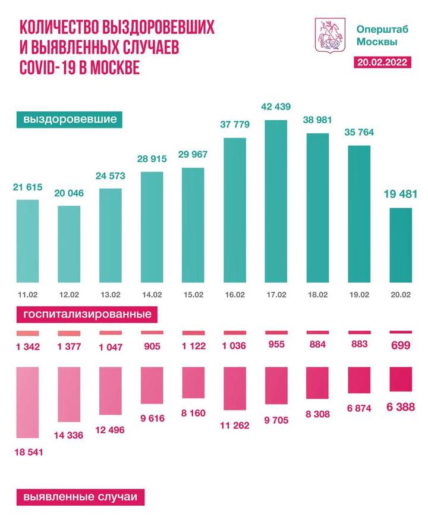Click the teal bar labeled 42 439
275,201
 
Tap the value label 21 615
27,187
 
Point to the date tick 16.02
234,293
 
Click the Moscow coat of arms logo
329,36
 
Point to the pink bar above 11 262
234,389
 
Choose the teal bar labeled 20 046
69,244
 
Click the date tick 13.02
110,293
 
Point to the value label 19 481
399,195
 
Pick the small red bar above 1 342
27,333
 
